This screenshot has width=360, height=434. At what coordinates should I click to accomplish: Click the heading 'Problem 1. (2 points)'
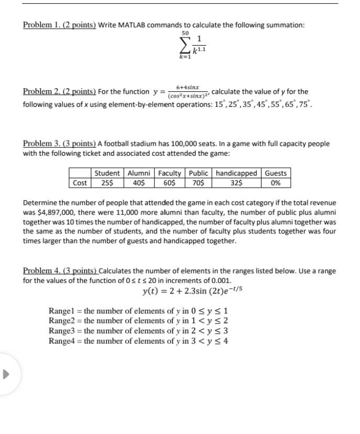tap(59, 25)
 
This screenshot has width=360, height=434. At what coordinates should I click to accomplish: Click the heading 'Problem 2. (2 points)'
tap(59, 92)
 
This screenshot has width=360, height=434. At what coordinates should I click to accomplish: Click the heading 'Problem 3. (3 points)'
tap(59, 144)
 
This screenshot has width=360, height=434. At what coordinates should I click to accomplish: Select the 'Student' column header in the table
tap(107, 173)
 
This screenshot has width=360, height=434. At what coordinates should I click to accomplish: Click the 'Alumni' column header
tap(139, 173)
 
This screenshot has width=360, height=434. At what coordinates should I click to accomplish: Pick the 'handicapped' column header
tap(236, 173)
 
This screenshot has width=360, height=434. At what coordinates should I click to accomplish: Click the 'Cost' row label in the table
tap(80, 183)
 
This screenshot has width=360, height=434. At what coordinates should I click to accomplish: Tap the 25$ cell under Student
tap(107, 183)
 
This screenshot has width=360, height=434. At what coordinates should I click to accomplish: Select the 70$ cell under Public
tap(199, 183)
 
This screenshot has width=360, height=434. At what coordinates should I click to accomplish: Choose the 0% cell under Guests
tap(276, 183)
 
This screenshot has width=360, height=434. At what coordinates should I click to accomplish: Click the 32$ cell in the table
tap(236, 183)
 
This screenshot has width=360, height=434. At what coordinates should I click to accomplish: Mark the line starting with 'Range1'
tap(138, 310)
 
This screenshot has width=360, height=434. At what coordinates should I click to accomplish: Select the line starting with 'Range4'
tap(138, 341)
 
